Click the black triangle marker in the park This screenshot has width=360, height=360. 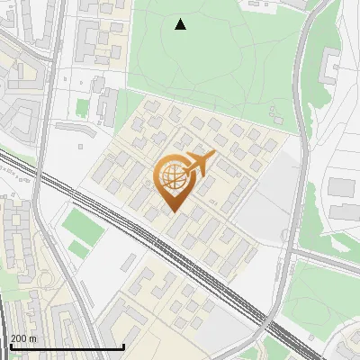click(181, 24)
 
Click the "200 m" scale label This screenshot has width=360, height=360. click(23, 338)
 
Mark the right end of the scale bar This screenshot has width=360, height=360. click(123, 347)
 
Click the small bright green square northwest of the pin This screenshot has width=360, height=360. click(83, 107)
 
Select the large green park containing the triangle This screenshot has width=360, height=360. click(216, 54)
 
